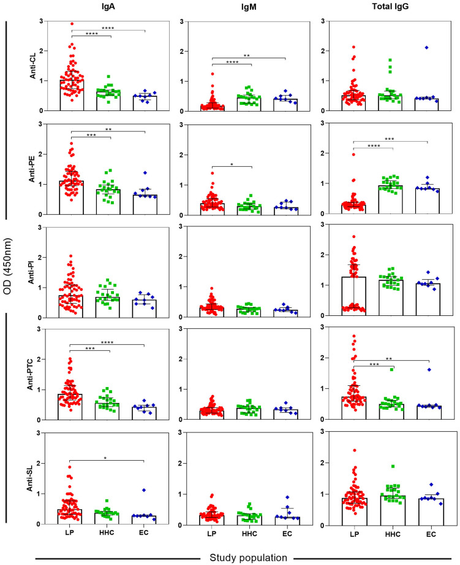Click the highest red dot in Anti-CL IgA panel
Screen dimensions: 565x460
coord(72,24)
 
